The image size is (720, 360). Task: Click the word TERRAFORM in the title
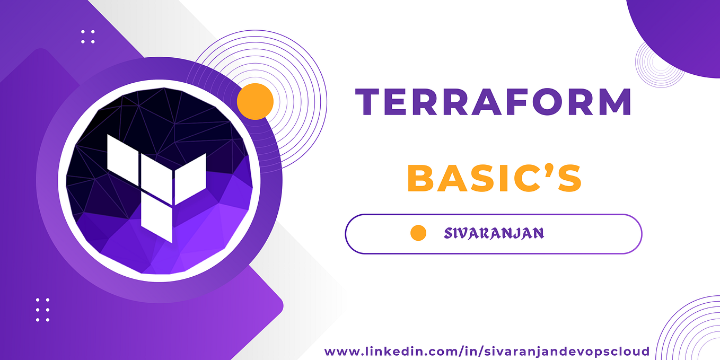pos(493,102)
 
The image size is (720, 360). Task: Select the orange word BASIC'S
pos(494,179)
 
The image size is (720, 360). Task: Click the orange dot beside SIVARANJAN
pos(418,233)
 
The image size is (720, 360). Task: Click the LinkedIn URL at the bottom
pos(487,351)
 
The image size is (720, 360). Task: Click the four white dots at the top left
pos(88,37)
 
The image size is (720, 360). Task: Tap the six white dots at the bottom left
pos(42,310)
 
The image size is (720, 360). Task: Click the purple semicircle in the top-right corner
pos(684,32)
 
